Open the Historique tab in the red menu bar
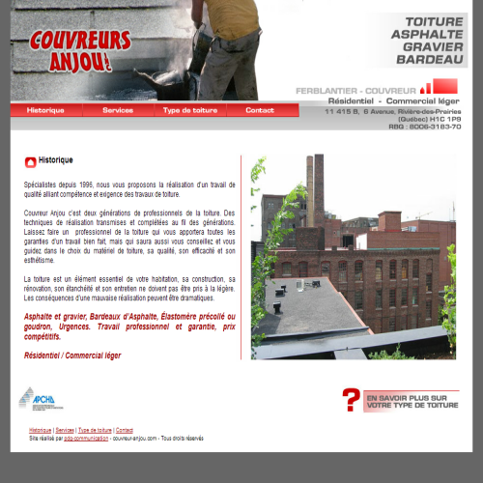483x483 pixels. point(45,110)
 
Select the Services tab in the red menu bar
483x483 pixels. point(118,110)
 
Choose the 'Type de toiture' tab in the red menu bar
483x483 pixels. point(190,110)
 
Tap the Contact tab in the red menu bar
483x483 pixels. point(260,110)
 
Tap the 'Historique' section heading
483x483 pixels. point(56,160)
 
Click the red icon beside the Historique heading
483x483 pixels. point(31,161)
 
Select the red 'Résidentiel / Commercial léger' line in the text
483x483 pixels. point(72,355)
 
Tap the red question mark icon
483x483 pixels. point(352,399)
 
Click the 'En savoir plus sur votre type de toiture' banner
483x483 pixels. point(412,400)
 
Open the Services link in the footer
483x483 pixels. point(65,430)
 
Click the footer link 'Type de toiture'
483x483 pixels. point(95,430)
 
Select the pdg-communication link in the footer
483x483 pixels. point(86,438)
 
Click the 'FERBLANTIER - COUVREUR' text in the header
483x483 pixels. point(355,90)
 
